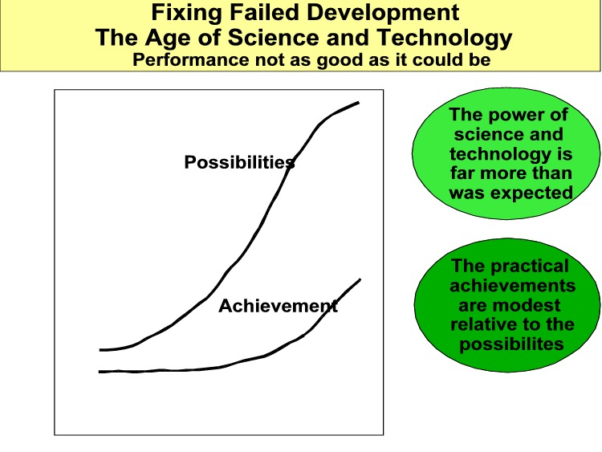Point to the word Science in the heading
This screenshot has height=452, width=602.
coord(274,38)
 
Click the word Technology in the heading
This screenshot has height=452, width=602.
coord(445,39)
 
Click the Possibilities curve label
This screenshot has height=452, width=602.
coord(239,162)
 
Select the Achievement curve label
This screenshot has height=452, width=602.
coord(278,306)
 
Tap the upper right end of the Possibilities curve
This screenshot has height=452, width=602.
coord(359,103)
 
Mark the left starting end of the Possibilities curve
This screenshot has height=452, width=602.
coord(100,350)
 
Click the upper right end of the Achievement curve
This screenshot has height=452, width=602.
coord(360,279)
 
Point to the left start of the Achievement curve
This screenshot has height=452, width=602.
coord(100,372)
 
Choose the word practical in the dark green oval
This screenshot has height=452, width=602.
coord(530,266)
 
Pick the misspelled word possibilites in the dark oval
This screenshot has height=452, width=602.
coord(511,344)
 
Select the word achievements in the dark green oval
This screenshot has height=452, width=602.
coord(513,285)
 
